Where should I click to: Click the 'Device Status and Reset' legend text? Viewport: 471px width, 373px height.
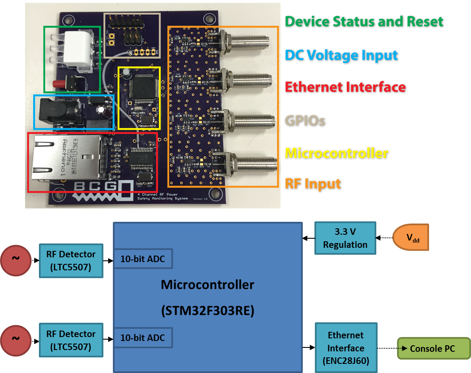(x=364, y=21)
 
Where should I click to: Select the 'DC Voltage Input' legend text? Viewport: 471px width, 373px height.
(x=342, y=55)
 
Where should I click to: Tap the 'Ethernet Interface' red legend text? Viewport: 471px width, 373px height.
(x=345, y=87)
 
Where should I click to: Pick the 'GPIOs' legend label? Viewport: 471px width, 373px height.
(x=305, y=120)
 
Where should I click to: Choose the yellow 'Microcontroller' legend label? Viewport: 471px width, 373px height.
(x=337, y=153)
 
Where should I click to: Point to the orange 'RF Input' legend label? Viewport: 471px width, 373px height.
(x=313, y=184)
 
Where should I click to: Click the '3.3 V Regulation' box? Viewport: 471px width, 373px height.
(x=345, y=238)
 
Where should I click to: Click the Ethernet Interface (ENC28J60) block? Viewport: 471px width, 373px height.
(x=346, y=348)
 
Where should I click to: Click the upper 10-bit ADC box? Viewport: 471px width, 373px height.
(x=143, y=259)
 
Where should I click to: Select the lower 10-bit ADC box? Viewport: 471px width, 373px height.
(x=143, y=337)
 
